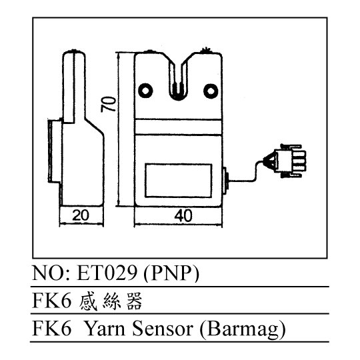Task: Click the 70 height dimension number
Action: [x=109, y=105]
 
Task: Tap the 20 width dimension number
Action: [x=81, y=215]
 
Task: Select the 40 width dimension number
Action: [x=183, y=216]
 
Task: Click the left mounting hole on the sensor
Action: [x=145, y=91]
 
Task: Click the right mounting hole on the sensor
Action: [x=211, y=91]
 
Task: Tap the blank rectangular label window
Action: [x=179, y=181]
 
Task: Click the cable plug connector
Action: [x=287, y=161]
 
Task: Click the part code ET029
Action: [x=107, y=273]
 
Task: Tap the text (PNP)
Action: [x=171, y=274]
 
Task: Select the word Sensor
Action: [x=163, y=329]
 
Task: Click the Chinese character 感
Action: [x=88, y=301]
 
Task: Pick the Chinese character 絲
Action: [x=111, y=301]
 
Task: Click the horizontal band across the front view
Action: [x=179, y=127]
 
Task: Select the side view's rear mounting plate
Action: [x=55, y=151]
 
